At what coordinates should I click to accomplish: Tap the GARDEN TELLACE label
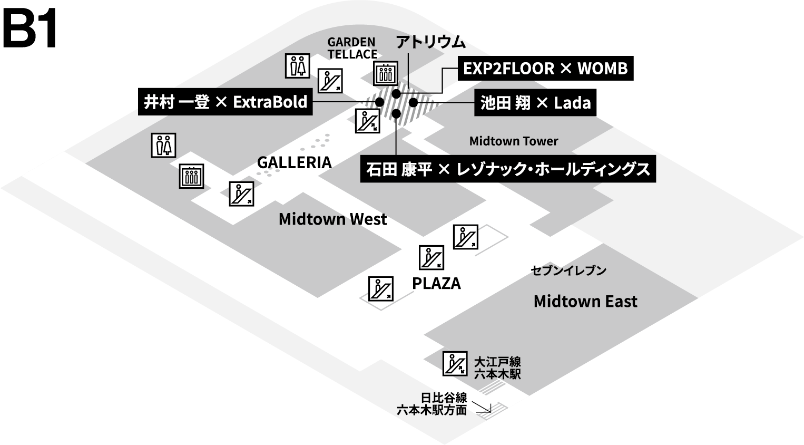tap(352, 48)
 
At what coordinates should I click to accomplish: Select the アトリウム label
tap(430, 42)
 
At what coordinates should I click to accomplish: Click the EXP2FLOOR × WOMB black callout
tap(545, 69)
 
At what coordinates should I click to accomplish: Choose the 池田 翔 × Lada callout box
tap(535, 102)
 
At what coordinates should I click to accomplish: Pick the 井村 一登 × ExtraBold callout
tap(225, 102)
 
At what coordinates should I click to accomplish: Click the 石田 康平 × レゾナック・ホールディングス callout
tap(508, 169)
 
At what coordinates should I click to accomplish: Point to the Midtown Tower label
tap(514, 141)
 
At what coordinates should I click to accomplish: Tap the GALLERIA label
tap(295, 162)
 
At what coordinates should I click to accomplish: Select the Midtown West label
tap(332, 219)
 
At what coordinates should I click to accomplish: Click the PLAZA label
tap(436, 284)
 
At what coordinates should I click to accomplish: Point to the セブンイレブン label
tap(568, 271)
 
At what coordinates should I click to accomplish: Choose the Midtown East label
tap(585, 301)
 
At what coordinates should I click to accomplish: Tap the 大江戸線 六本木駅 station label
tap(497, 367)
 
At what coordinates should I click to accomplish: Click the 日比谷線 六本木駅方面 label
tap(432, 404)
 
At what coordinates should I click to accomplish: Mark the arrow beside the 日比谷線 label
tap(482, 407)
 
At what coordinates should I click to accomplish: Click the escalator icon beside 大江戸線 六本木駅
tap(455, 363)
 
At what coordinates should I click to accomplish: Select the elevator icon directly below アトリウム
tap(386, 73)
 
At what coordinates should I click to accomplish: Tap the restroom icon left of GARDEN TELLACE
tap(298, 66)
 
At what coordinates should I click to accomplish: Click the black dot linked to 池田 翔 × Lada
tap(413, 102)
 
